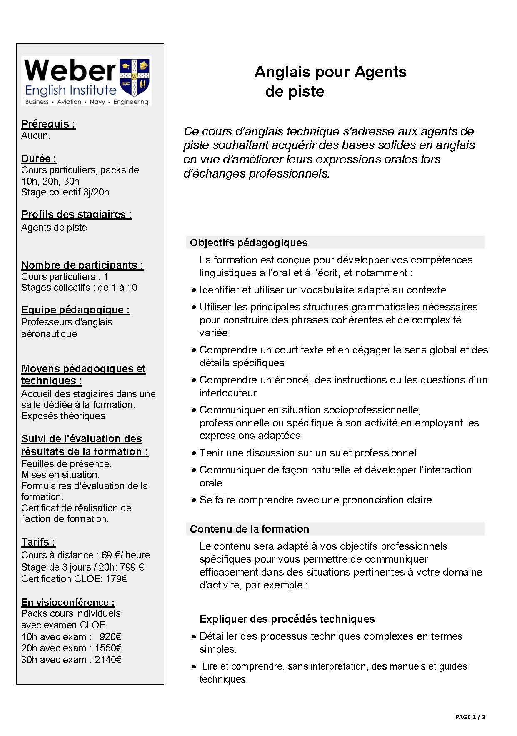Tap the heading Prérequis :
(x=48, y=124)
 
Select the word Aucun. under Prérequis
(x=36, y=135)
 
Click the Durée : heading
(x=39, y=158)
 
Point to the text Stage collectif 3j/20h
(x=65, y=192)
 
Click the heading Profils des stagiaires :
(x=77, y=214)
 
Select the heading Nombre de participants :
(x=82, y=265)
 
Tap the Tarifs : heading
(x=38, y=542)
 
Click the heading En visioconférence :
(x=68, y=602)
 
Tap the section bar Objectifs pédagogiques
(x=335, y=243)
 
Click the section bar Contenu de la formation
(x=335, y=529)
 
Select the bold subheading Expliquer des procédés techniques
(x=287, y=619)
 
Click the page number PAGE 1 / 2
(x=470, y=717)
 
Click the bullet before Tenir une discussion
(x=194, y=453)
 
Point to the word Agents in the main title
(x=380, y=72)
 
